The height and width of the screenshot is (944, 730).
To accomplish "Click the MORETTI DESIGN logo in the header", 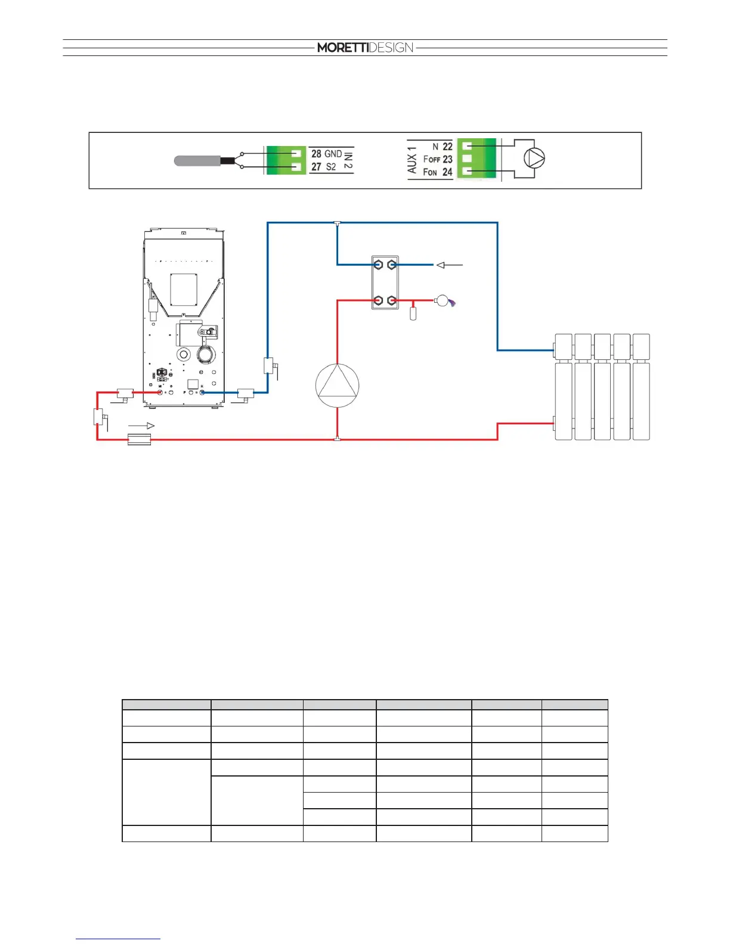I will point(365,48).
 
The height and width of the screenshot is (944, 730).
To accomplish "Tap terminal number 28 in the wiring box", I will point(316,154).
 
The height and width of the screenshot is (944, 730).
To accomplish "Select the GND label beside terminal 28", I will point(333,154).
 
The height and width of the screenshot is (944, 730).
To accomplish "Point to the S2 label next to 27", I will point(331,167).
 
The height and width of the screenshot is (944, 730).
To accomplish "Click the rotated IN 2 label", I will point(348,160).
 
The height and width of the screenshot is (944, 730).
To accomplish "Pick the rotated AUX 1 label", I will point(412,160).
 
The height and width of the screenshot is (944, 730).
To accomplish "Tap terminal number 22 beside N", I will point(447,147).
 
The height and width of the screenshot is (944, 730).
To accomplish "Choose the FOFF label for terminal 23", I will point(431,159).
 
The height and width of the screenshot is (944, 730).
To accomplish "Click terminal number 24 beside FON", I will point(447,172).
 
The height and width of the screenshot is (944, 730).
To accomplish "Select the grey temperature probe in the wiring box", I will point(196,160).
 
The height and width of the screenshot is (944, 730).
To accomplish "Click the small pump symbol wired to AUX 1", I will point(534,159).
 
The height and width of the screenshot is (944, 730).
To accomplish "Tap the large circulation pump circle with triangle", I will point(338,386).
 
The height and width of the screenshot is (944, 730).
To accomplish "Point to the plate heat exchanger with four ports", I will point(385,282).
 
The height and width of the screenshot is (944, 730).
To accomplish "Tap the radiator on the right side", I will point(602,387).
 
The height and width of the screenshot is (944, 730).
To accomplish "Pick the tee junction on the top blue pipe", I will point(338,223).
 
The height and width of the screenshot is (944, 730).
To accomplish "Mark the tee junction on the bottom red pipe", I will point(338,439).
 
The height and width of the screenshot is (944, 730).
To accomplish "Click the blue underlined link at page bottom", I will point(118,939).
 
